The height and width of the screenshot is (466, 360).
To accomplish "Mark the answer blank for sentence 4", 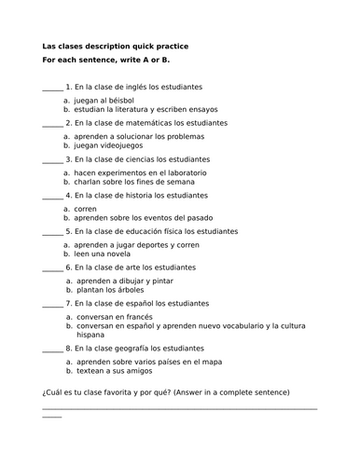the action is (51, 198).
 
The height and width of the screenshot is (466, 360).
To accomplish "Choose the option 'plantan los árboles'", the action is (110, 290).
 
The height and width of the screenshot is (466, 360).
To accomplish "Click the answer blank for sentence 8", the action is (51, 349).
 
